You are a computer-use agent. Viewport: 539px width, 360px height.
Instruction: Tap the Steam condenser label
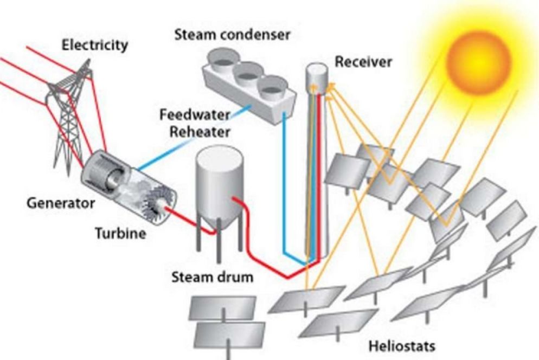(232, 35)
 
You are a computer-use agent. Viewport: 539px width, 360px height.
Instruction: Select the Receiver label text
(363, 61)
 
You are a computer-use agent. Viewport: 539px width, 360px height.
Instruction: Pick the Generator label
(61, 203)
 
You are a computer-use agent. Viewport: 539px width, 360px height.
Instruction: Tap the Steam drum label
(212, 278)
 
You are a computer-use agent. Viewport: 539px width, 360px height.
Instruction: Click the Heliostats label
(401, 345)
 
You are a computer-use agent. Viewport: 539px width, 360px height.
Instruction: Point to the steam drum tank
(218, 184)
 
